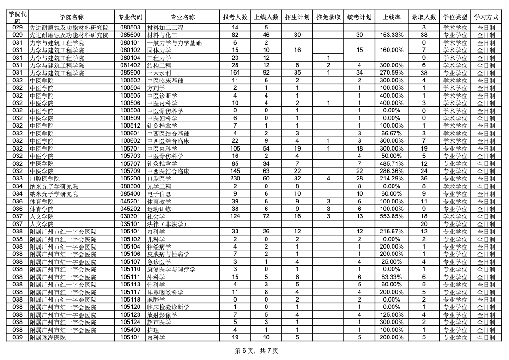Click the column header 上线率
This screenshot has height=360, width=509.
pos(391,17)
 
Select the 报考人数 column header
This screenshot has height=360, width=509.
pos(235,17)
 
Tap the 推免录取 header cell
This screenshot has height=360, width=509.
pos(329,17)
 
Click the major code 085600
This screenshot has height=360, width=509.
pos(131,35)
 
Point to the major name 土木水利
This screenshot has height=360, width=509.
pos(159,73)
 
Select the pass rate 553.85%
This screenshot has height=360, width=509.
pos(391,216)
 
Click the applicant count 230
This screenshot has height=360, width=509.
pos(235,179)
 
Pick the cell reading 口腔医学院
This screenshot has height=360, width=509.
pos(45,179)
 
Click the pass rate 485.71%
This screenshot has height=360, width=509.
pos(391,163)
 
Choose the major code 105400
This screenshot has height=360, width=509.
pos(131,330)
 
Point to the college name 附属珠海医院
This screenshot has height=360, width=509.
pos(48,337)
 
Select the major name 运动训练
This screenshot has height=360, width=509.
pos(159,209)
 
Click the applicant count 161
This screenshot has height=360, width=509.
pos(235,73)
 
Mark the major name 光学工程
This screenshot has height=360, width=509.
pos(159,186)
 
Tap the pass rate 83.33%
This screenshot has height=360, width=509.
pos(391,277)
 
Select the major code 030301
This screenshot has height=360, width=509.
pos(131,216)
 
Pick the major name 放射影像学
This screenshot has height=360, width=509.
pos(162,315)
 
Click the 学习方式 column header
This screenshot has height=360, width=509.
pos(486,17)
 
